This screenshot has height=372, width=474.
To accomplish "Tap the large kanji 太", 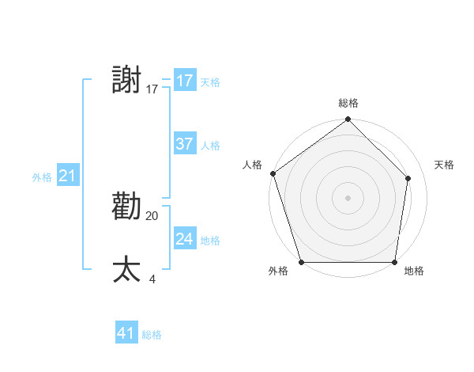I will click(127, 270).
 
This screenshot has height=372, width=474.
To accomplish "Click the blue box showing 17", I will click(185, 81).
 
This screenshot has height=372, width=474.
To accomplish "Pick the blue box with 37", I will click(185, 144).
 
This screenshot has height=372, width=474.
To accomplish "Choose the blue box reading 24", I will click(185, 239).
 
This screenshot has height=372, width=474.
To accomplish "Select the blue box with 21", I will click(67, 176).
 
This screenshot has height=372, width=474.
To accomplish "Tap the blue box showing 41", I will click(126, 333).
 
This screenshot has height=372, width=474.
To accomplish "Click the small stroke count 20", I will click(152, 215).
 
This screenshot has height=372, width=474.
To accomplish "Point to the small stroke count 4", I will click(152, 279).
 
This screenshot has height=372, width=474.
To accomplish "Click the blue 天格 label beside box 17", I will click(210, 82).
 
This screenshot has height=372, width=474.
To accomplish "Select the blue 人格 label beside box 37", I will click(210, 146).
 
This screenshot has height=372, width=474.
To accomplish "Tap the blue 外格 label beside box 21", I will click(42, 177).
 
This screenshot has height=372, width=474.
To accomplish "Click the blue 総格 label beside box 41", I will click(152, 335).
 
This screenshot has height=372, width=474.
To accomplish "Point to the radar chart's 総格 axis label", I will click(348, 103).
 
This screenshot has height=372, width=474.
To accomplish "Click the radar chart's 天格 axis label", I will click(444, 165).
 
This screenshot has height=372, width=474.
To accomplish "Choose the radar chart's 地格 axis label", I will click(414, 271).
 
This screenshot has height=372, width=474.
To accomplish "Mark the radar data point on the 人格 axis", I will click(273, 173).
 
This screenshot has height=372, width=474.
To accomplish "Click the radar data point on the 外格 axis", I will click(302, 262).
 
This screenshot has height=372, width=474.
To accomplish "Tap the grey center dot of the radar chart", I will click(348, 197).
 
